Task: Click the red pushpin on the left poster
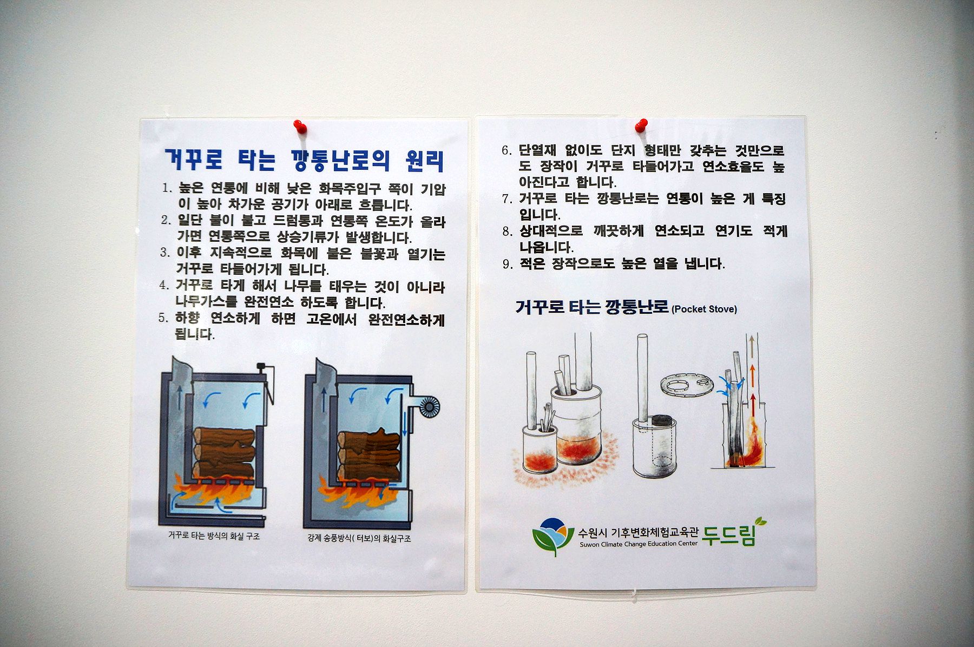(300, 127)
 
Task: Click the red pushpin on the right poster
(641, 126)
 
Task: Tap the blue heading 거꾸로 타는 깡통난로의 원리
(305, 161)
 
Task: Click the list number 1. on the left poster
(168, 189)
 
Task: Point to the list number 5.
(164, 318)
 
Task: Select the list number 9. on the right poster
(507, 265)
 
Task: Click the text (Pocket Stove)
(704, 309)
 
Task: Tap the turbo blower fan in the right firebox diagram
(430, 406)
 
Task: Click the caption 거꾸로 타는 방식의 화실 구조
(214, 536)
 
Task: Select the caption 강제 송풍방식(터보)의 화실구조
(359, 539)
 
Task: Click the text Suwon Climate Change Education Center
(638, 544)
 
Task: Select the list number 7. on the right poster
(507, 199)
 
